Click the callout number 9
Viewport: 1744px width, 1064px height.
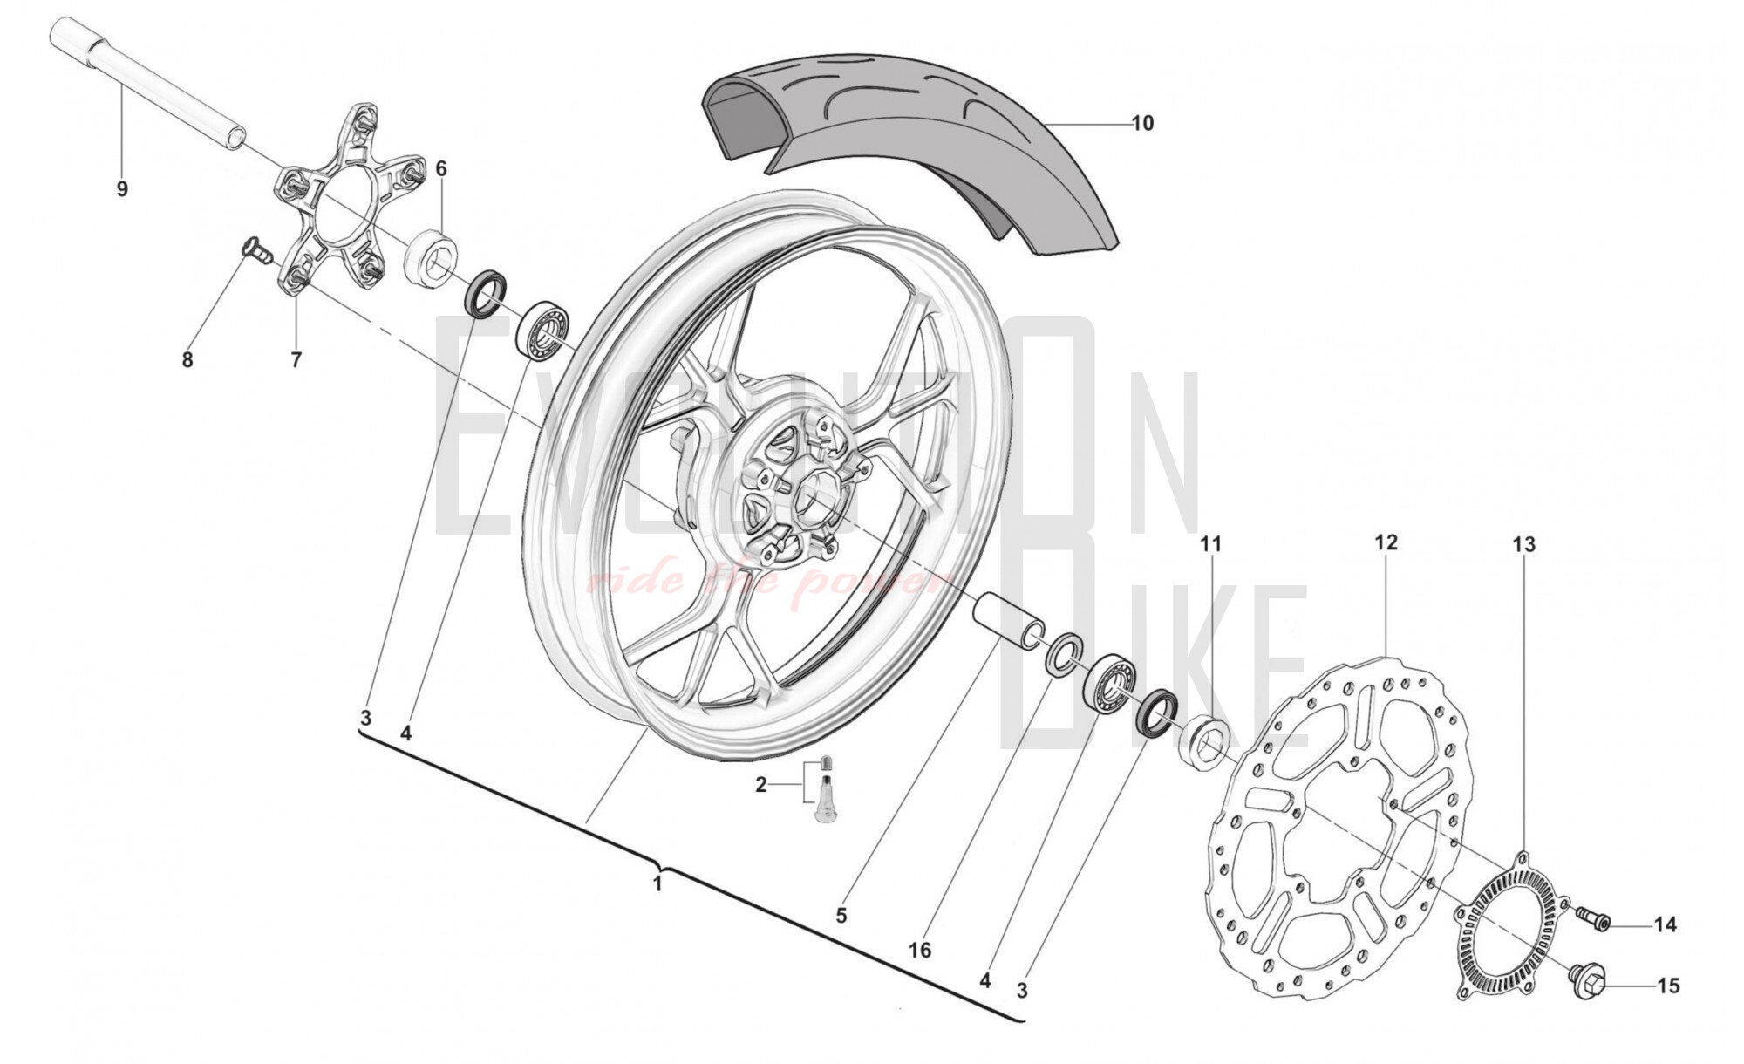point(122,188)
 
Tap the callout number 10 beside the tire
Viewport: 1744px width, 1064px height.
point(1142,124)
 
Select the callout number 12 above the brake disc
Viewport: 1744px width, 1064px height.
point(1386,542)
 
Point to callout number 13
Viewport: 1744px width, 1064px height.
point(1523,544)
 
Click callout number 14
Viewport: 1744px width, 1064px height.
point(1665,924)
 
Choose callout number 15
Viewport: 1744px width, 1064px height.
point(1667,986)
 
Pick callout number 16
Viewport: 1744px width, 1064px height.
point(920,950)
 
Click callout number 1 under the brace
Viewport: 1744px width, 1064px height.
point(657,884)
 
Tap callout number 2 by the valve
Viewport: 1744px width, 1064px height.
point(760,785)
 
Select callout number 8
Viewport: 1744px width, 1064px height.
point(187,359)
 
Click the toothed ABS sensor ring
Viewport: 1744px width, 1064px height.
point(1509,924)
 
